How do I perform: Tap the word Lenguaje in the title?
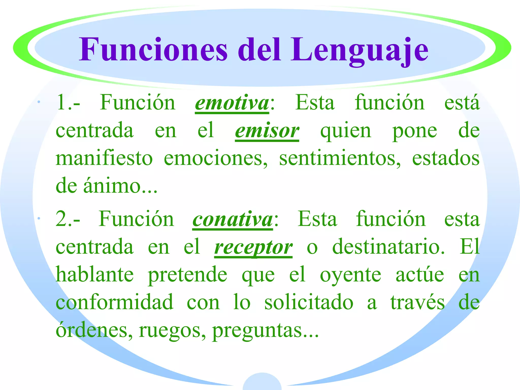point(360,50)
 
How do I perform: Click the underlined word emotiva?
point(232,103)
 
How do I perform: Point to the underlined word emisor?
point(267,131)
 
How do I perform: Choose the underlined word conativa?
point(232,219)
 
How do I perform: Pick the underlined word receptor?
point(253,247)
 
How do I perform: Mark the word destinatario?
point(388,247)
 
